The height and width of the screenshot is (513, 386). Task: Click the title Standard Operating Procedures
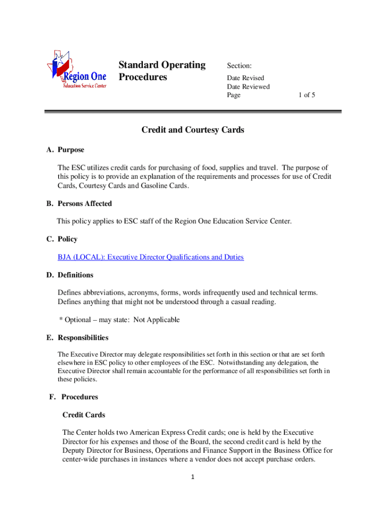[x=162, y=71]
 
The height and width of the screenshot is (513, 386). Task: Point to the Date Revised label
[x=246, y=78]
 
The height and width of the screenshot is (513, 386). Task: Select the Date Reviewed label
[x=248, y=87]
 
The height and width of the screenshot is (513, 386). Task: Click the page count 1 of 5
[x=307, y=95]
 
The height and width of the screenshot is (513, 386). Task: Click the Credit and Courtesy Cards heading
[x=193, y=130]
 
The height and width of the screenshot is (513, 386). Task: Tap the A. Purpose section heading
[x=65, y=150]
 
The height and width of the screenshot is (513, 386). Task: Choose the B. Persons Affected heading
[x=79, y=203]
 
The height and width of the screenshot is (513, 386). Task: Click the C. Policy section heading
[x=62, y=239]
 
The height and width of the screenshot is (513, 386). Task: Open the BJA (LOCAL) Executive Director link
[x=150, y=257]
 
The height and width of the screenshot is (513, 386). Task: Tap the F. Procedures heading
[x=73, y=397]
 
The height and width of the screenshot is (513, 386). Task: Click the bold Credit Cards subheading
[x=84, y=415]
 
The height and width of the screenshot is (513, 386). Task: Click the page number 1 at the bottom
[x=193, y=477]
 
